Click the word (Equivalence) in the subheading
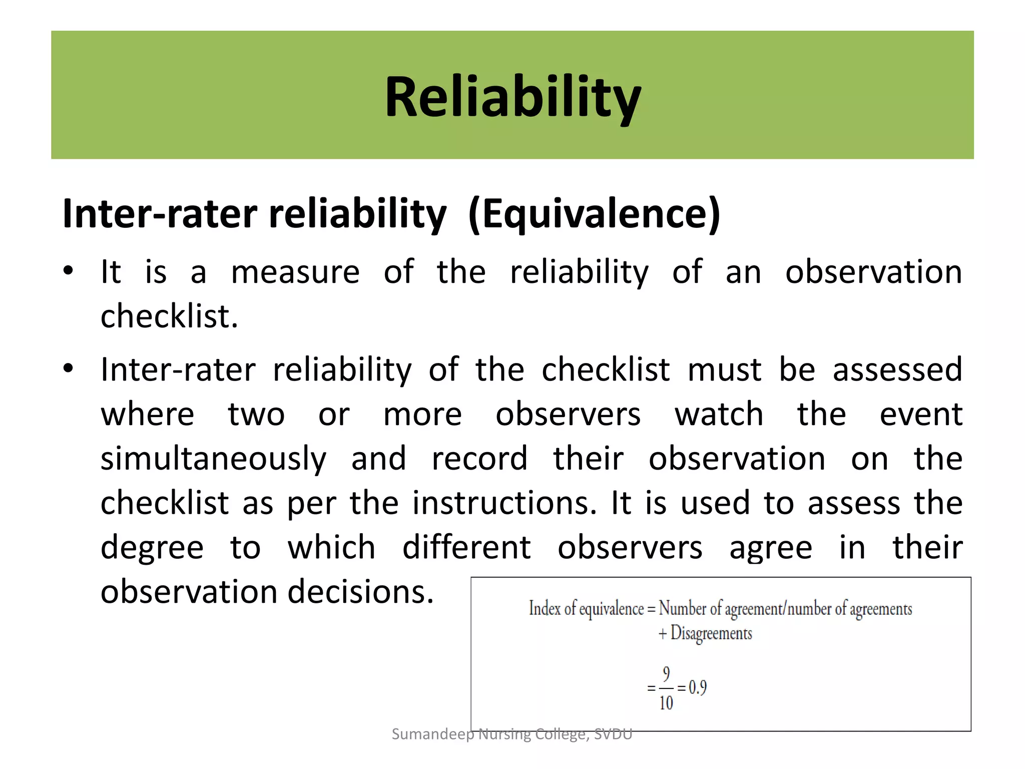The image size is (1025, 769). click(594, 214)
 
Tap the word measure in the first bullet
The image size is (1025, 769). click(295, 272)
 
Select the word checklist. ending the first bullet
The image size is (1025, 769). click(169, 316)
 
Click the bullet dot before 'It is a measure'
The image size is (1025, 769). click(69, 271)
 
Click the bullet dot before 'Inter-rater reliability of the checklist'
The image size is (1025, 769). click(69, 369)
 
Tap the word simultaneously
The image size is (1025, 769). click(214, 459)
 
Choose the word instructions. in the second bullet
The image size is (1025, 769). click(504, 503)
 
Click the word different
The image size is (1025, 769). click(466, 547)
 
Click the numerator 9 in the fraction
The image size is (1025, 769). click(666, 674)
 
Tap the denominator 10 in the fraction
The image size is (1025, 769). click(666, 703)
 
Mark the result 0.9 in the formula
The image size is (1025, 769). click(698, 688)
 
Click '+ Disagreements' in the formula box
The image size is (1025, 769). click(705, 633)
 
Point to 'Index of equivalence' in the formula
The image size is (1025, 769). click(586, 609)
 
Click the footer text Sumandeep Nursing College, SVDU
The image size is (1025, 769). click(512, 734)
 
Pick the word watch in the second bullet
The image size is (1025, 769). click(719, 415)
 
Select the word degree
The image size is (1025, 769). click(152, 548)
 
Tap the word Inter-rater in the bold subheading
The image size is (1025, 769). click(160, 214)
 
